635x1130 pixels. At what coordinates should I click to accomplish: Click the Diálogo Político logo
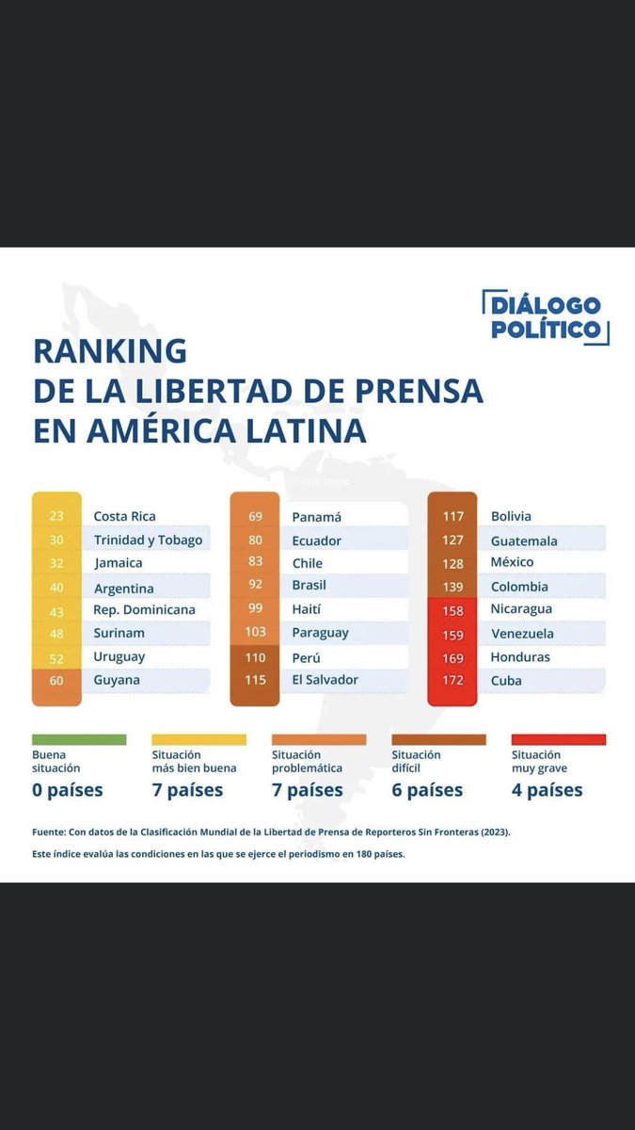pos(546,317)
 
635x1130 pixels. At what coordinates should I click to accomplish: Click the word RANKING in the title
pos(110,350)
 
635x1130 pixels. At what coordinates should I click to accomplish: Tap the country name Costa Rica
pos(124,516)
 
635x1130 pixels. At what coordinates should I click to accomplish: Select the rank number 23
pos(56,516)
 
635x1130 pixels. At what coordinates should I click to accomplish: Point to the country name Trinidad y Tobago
pos(148,540)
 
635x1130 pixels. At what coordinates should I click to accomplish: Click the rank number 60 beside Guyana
pos(56,680)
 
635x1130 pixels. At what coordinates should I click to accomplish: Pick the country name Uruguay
pos(119,656)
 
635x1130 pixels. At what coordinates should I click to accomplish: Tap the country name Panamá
pos(316,517)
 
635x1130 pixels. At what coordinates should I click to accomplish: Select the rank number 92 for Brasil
pos(255,585)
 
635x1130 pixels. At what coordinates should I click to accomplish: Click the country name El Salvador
pos(325,680)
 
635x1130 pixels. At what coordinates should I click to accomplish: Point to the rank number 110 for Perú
pos(255,657)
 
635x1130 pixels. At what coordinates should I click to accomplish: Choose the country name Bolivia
pos(511,516)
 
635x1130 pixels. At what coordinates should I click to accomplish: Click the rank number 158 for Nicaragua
pos(452,610)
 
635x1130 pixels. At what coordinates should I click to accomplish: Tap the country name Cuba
pos(506,680)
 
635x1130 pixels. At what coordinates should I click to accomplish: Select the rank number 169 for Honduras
pos(452,657)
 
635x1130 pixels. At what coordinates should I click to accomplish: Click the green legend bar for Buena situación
pos(79,739)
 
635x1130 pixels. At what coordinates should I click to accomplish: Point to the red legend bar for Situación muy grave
pos(558,739)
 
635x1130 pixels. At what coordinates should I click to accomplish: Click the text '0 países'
pos(68,790)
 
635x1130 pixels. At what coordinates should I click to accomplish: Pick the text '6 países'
pos(427,790)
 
